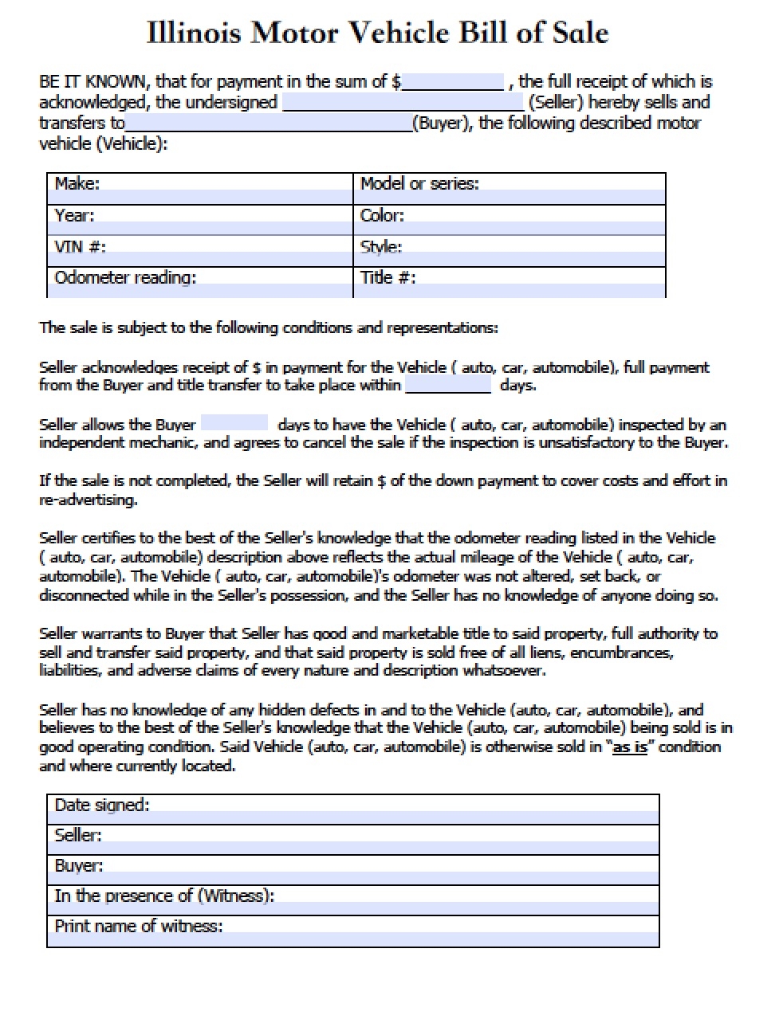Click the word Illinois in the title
coord(194,33)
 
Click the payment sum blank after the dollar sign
coord(453,82)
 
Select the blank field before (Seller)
coord(403,103)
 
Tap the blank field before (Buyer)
coord(268,123)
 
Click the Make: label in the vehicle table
coord(77,184)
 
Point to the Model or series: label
coord(419,184)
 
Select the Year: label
coord(74,215)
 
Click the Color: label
coord(382,215)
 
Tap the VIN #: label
coord(80,246)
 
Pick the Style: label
coord(380,247)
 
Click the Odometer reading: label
coord(125,277)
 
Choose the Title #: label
coord(388,277)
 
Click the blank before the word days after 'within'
coord(448,386)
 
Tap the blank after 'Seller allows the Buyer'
coord(234,424)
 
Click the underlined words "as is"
coord(629,747)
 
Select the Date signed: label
coord(102,805)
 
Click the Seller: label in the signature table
coord(78,835)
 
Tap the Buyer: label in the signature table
coord(79,865)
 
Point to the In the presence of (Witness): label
coord(164,896)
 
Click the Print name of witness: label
coord(139,926)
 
